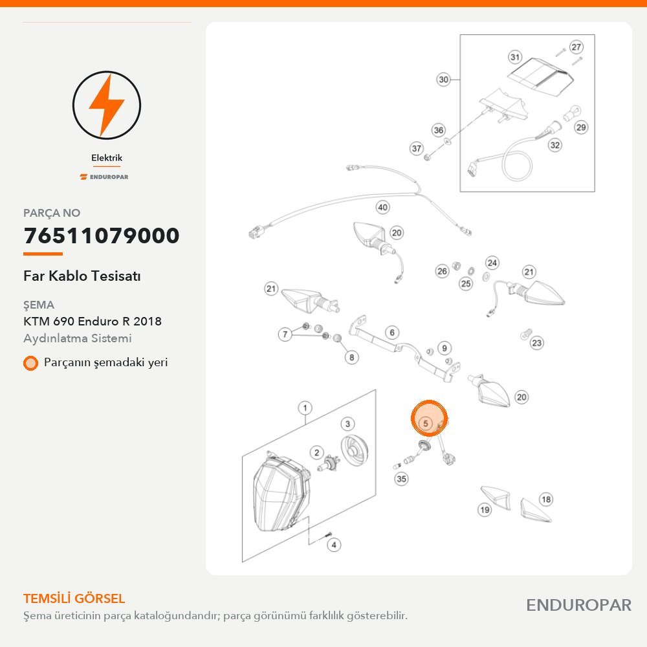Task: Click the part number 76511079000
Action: [102, 236]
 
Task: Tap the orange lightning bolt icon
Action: [107, 105]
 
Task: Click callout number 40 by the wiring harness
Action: [383, 207]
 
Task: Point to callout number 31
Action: [515, 57]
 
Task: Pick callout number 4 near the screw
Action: [334, 545]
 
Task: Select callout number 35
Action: [401, 479]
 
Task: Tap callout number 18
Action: [546, 499]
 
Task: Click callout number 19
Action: [485, 510]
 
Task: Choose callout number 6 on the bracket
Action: [392, 332]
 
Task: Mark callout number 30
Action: [444, 79]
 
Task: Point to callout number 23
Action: [536, 343]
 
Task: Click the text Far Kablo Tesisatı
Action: [82, 276]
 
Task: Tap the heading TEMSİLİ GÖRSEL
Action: [74, 598]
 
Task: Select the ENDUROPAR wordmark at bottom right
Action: [579, 606]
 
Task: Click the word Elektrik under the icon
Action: [107, 158]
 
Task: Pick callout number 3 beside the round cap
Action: [347, 424]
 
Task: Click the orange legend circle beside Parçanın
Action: [30, 363]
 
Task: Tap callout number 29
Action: [581, 127]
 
